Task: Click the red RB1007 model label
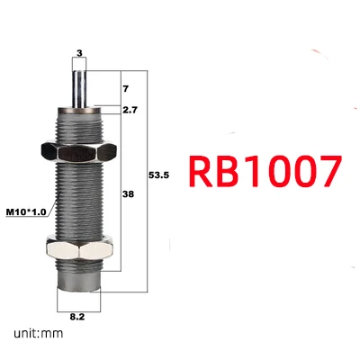point(265,171)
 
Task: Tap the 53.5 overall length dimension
point(158,175)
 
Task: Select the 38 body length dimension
point(128,194)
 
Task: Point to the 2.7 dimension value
point(130,110)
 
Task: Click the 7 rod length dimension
point(126,89)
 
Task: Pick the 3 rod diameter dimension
point(79,53)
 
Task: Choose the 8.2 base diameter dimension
point(77,317)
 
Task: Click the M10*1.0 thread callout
point(26,212)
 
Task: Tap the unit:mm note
point(39,333)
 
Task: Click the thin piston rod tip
point(79,72)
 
